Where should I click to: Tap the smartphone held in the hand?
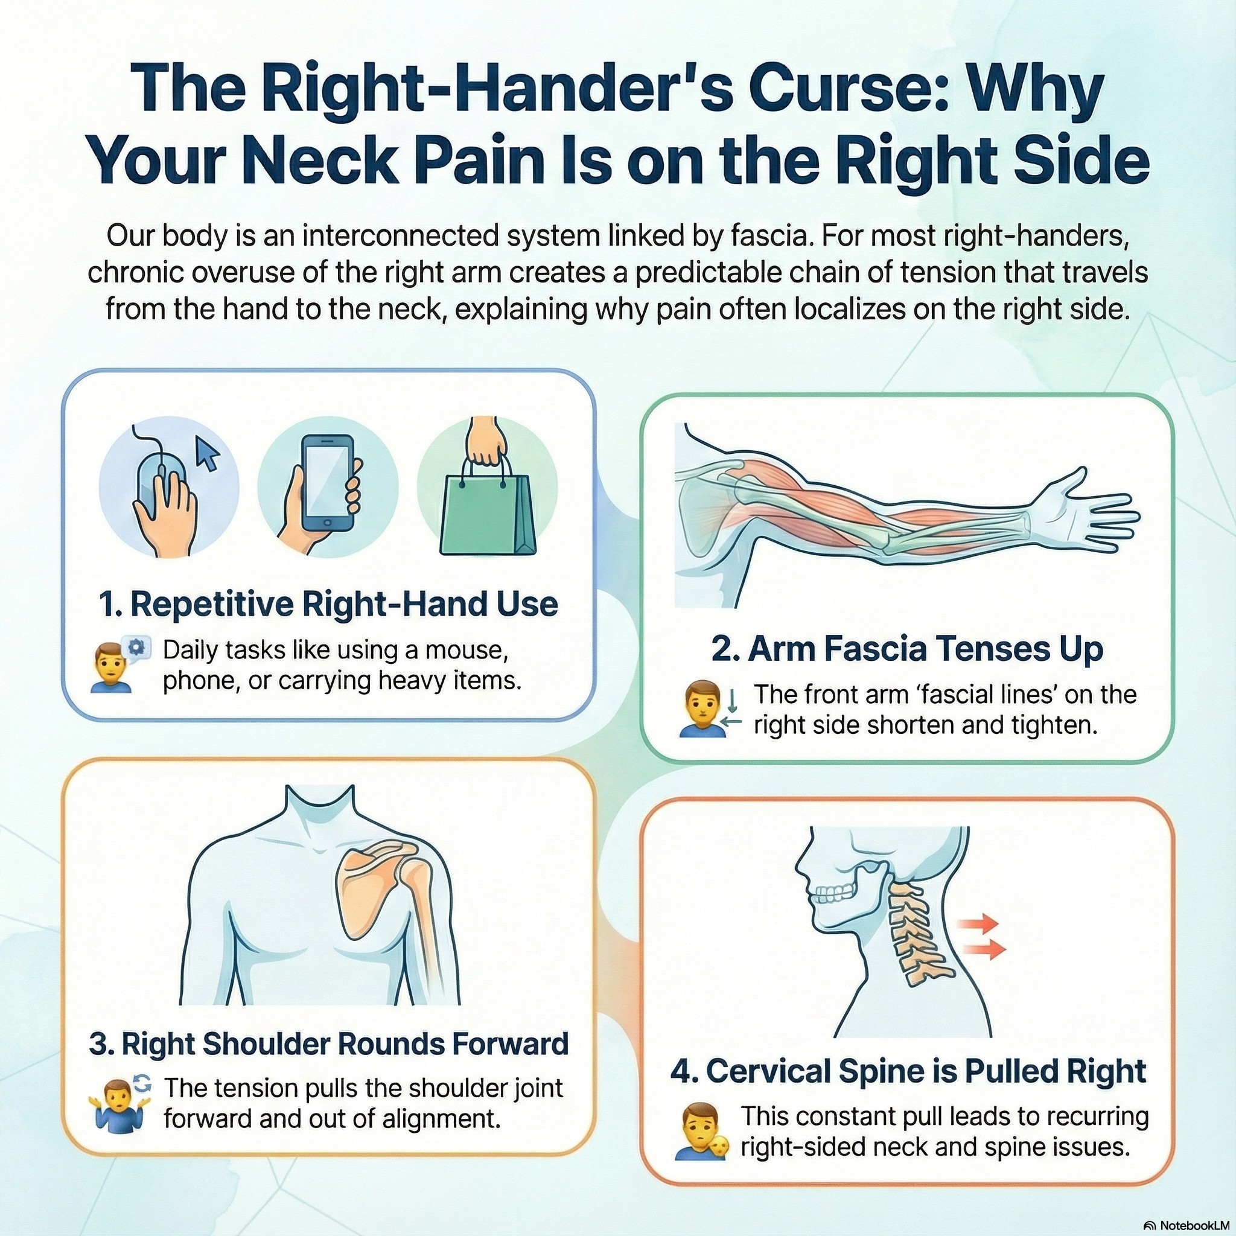click(x=327, y=482)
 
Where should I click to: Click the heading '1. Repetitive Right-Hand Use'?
click(x=329, y=604)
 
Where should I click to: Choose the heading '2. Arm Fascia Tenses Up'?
click(x=907, y=649)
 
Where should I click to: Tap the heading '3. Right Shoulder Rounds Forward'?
click(x=329, y=1043)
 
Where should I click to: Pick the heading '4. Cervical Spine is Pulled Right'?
click(x=908, y=1071)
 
